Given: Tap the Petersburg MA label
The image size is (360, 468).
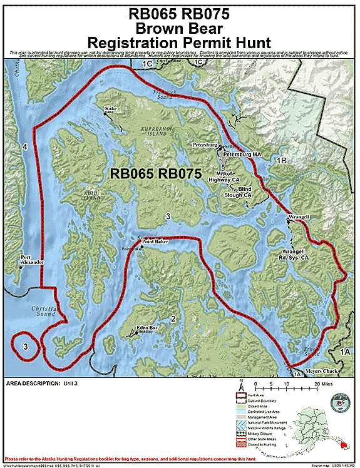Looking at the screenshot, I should pos(243,153).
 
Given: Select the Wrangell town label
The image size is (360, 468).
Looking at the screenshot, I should pos(299,217).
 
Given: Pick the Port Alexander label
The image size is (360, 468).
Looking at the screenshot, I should pos(33,260).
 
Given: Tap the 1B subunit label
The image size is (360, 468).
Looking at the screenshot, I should pos(282,161).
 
